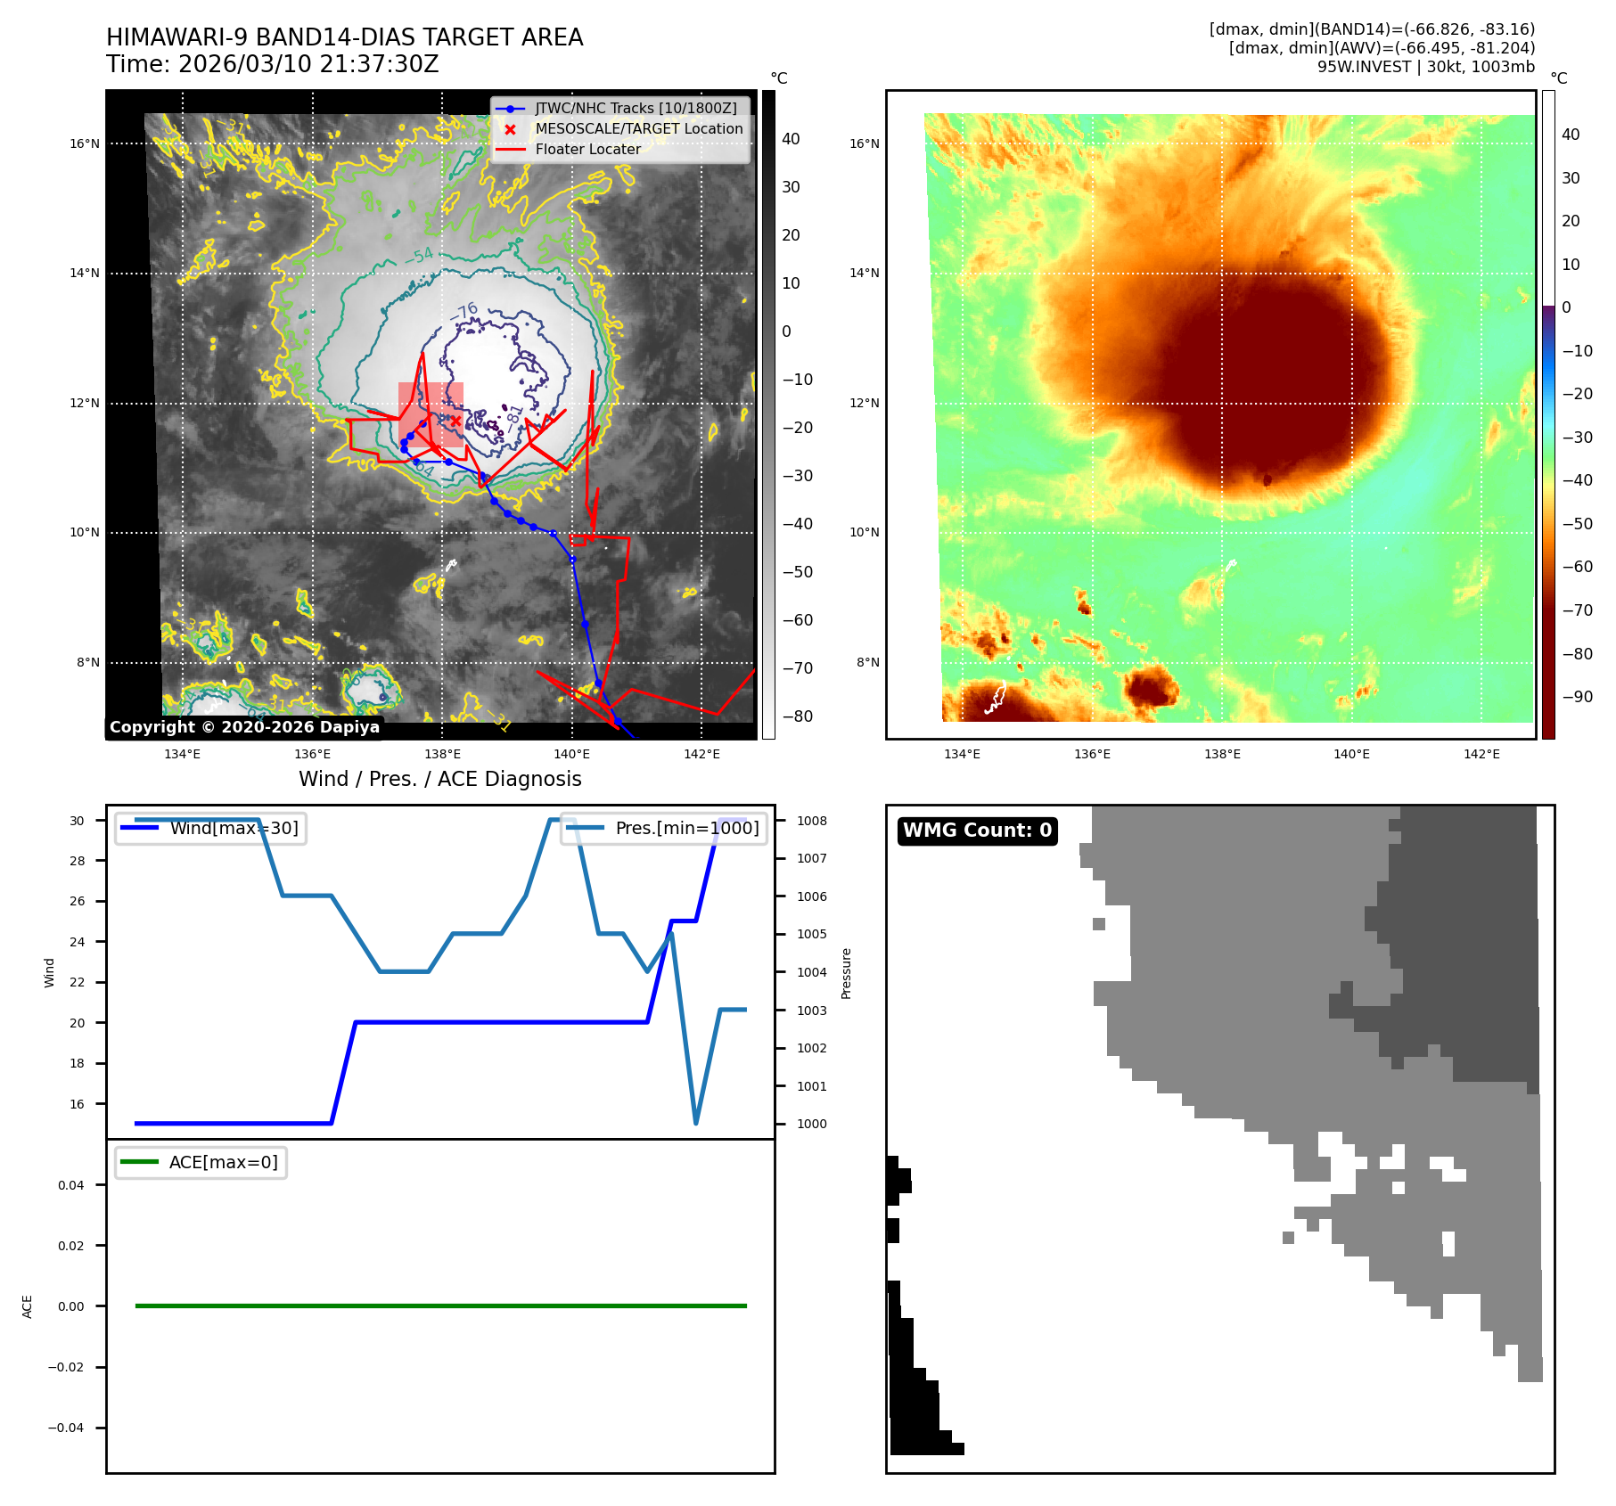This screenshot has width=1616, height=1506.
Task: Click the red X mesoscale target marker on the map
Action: pyautogui.click(x=455, y=421)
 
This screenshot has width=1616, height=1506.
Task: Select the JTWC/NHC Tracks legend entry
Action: pyautogui.click(x=635, y=108)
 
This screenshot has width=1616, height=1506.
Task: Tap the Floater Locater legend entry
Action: pyautogui.click(x=587, y=149)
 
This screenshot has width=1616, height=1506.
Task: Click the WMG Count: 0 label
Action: pyautogui.click(x=977, y=830)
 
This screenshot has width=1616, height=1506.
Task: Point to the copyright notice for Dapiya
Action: pyautogui.click(x=244, y=727)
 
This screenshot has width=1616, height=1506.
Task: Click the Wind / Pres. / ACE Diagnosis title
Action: pyautogui.click(x=439, y=779)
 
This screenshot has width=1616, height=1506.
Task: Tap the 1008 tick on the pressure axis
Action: pyautogui.click(x=812, y=821)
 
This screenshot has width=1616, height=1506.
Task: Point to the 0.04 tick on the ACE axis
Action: pyautogui.click(x=71, y=1185)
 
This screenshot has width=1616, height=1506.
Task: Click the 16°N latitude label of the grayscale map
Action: pyautogui.click(x=85, y=143)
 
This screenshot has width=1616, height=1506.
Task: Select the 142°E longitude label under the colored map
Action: pyautogui.click(x=1481, y=754)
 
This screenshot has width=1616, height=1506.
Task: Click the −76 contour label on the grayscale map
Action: pyautogui.click(x=464, y=312)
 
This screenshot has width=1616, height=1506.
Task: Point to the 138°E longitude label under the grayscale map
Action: pyautogui.click(x=442, y=754)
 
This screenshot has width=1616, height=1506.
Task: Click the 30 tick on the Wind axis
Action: pyautogui.click(x=78, y=821)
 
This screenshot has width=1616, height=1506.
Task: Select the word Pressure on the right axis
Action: pyautogui.click(x=847, y=973)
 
